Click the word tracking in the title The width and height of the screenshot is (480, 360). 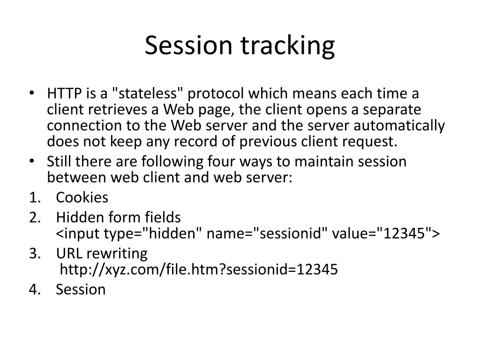(288, 46)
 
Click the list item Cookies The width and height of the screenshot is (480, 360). (82, 198)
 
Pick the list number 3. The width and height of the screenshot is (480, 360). (34, 254)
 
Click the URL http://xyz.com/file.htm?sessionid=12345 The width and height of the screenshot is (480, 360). (199, 270)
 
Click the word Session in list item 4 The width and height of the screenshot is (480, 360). (81, 289)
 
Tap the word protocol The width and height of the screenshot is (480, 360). (215, 94)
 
